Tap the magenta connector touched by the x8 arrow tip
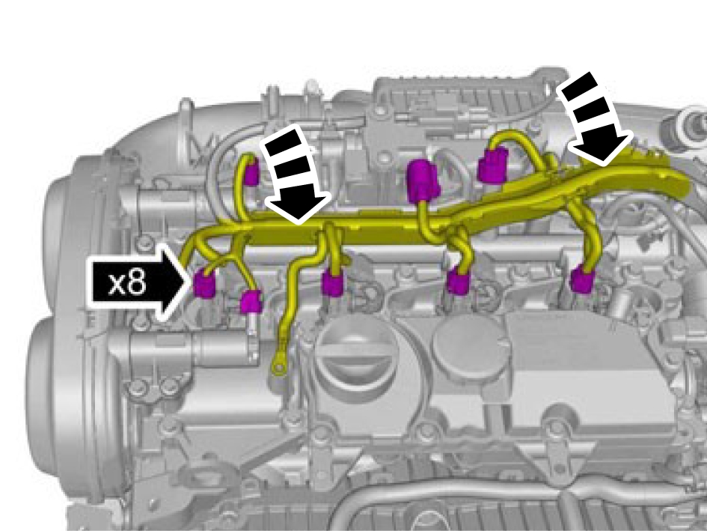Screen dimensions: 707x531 point(204,283)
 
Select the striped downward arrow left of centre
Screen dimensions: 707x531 point(296,175)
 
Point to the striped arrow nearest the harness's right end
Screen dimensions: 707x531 point(593,119)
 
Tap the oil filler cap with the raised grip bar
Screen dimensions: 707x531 point(356,357)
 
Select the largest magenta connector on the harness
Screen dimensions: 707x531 point(423,180)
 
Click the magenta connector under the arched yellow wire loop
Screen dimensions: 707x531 point(492,165)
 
